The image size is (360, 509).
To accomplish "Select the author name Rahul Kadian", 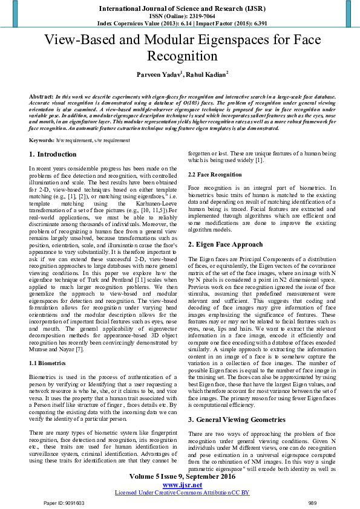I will (207, 73).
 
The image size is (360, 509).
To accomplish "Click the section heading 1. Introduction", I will (53, 155).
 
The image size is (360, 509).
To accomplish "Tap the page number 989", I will (312, 502).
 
